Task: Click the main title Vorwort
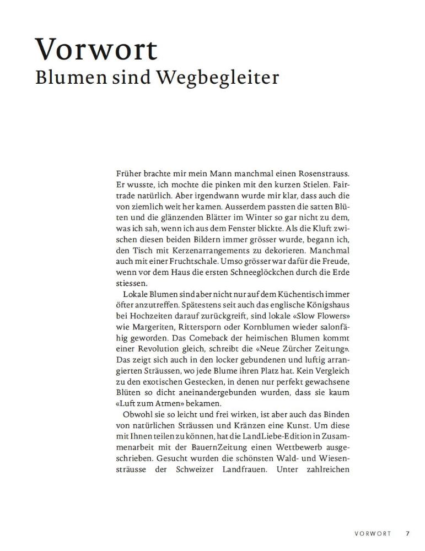coord(96,49)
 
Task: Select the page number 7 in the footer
coord(408,533)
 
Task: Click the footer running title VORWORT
coord(373,533)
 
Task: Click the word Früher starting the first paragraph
coord(129,174)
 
